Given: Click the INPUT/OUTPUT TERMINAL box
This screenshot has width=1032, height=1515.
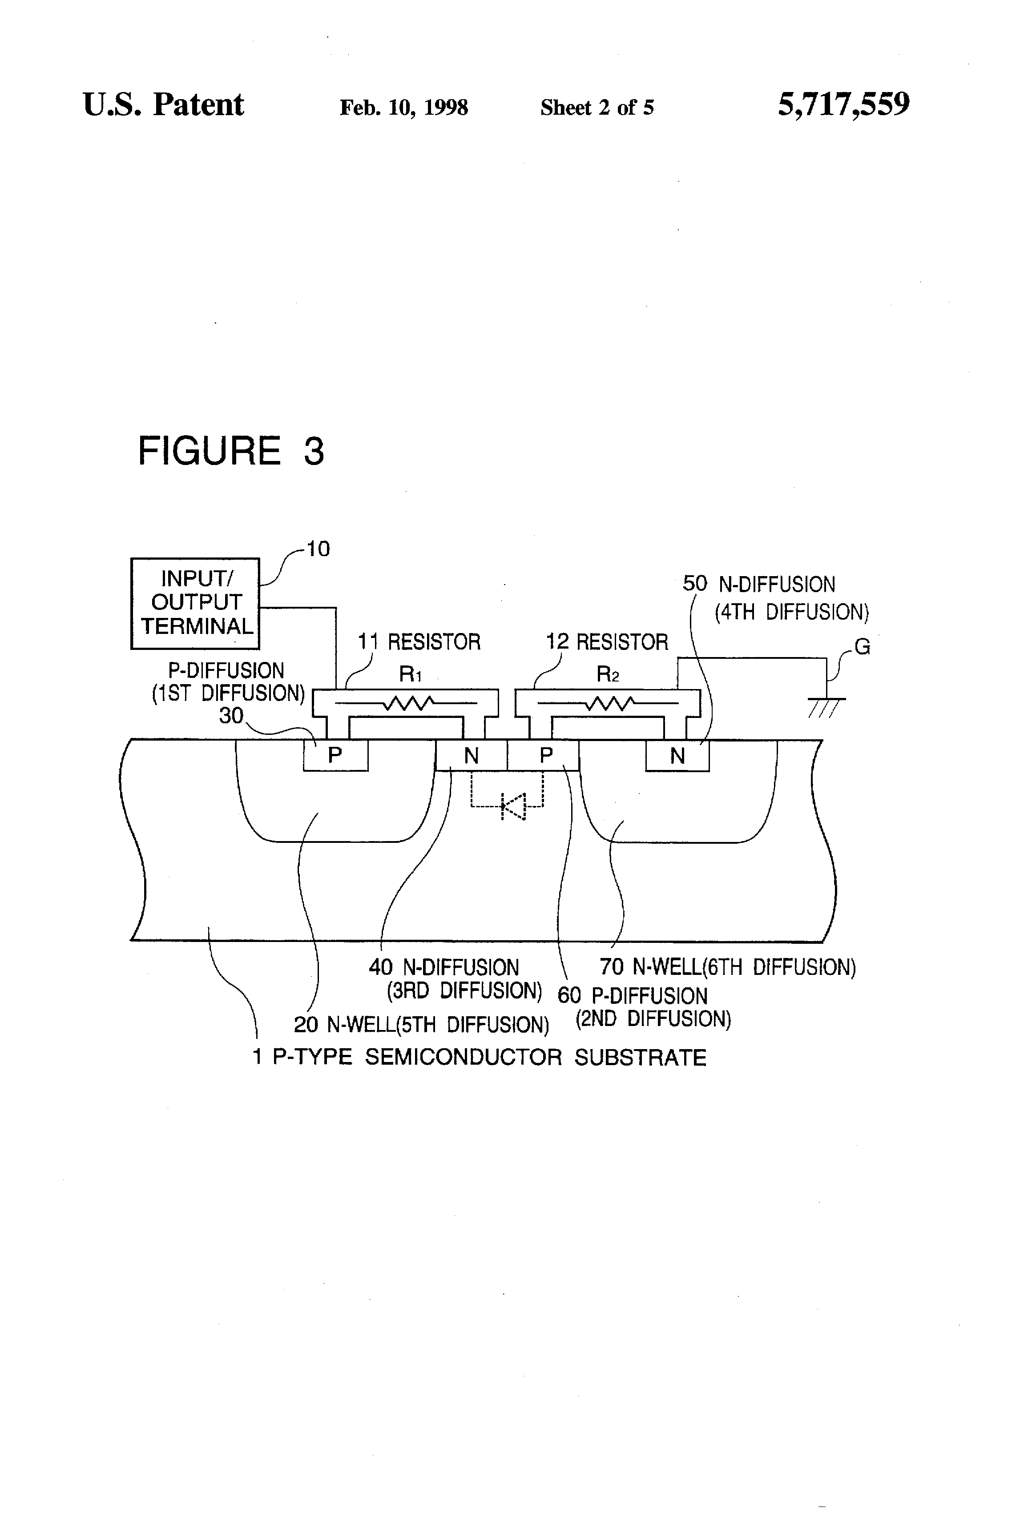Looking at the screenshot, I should click(195, 603).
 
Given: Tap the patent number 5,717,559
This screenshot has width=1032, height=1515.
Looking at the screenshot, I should click(843, 105).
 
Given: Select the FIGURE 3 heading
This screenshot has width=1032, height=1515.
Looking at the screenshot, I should click(231, 451).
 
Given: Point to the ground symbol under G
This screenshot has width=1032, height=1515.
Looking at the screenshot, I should click(826, 706).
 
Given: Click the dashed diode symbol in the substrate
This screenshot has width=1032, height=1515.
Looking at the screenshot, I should click(512, 806).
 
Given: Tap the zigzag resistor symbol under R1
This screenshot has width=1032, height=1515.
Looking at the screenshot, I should click(410, 703).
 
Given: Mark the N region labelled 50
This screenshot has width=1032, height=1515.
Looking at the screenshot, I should click(677, 756).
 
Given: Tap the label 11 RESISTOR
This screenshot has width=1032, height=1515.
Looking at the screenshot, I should click(419, 642).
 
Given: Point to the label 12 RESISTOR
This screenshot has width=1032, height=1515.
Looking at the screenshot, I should click(607, 642).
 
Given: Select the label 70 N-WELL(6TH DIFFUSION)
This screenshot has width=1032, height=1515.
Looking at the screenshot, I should click(727, 967).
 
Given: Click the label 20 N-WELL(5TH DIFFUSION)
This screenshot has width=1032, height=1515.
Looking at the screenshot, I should click(421, 1025).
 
